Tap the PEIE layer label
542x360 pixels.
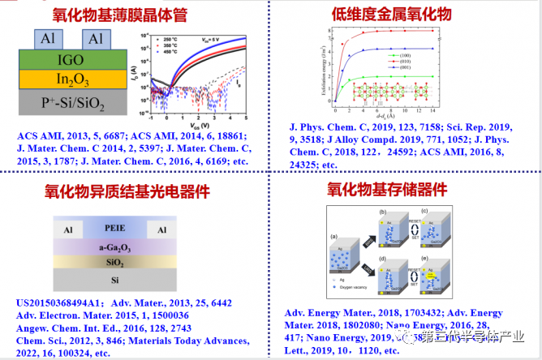click(114, 229)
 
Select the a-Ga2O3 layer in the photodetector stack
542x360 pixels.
click(114, 248)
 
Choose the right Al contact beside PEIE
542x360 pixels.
click(161, 229)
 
